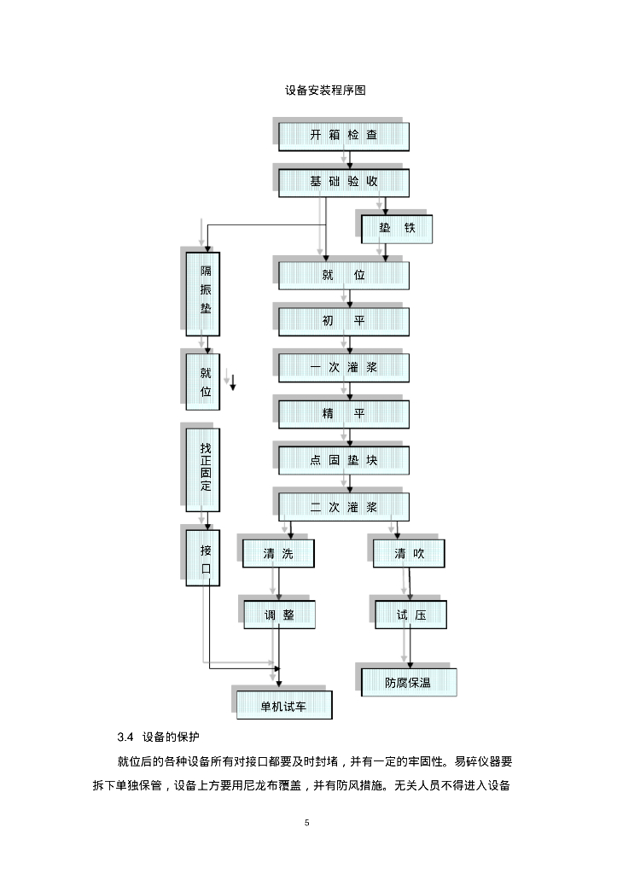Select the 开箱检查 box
point(344,136)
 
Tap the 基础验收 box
point(344,182)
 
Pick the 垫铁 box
point(397,229)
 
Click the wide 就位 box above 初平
point(344,275)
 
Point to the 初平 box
point(344,321)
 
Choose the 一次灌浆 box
point(344,367)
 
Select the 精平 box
point(344,414)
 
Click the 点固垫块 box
point(344,460)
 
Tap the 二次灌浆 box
point(344,507)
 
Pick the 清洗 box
point(278,554)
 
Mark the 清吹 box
point(410,554)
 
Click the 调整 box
point(279,615)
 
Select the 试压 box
point(410,615)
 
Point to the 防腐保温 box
point(408,682)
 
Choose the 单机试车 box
point(284,705)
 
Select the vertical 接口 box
point(205,558)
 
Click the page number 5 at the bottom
point(308,823)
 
